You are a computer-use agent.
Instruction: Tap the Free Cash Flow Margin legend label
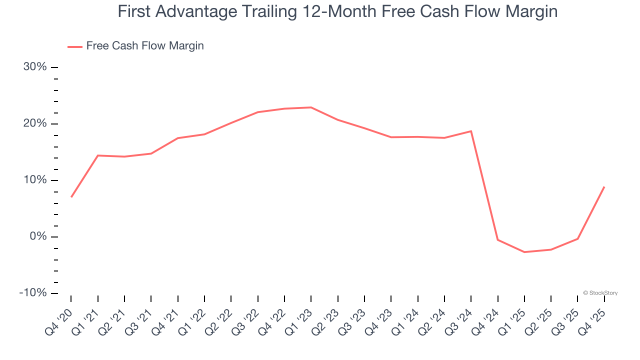(x=145, y=46)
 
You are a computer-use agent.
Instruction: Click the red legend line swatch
(x=75, y=46)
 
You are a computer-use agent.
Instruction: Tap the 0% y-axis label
(x=38, y=236)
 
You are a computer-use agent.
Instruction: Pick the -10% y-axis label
(x=33, y=293)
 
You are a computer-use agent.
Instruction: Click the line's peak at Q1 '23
(x=311, y=107)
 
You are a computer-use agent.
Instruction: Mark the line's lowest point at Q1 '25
(x=524, y=252)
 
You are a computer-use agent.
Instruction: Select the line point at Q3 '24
(x=471, y=131)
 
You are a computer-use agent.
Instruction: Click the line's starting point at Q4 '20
(x=71, y=197)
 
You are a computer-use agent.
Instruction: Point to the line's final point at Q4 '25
(x=604, y=187)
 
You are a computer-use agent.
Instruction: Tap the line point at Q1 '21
(x=97, y=155)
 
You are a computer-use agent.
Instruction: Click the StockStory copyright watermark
(x=600, y=293)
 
